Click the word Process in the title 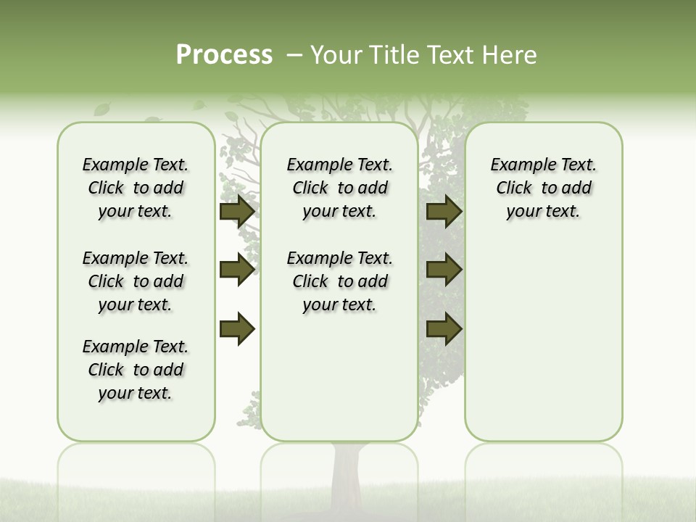224,55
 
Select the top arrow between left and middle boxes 236,211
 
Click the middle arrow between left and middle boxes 236,270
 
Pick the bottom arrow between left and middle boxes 236,329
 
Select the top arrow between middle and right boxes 444,211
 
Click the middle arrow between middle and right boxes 444,270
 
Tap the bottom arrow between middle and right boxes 444,329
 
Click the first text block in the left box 136,188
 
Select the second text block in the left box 136,281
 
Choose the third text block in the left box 136,370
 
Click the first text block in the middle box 339,188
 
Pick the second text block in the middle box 339,281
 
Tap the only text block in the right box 543,188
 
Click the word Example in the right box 519,165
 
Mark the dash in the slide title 294,56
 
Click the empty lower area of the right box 543,348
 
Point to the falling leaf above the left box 101,109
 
